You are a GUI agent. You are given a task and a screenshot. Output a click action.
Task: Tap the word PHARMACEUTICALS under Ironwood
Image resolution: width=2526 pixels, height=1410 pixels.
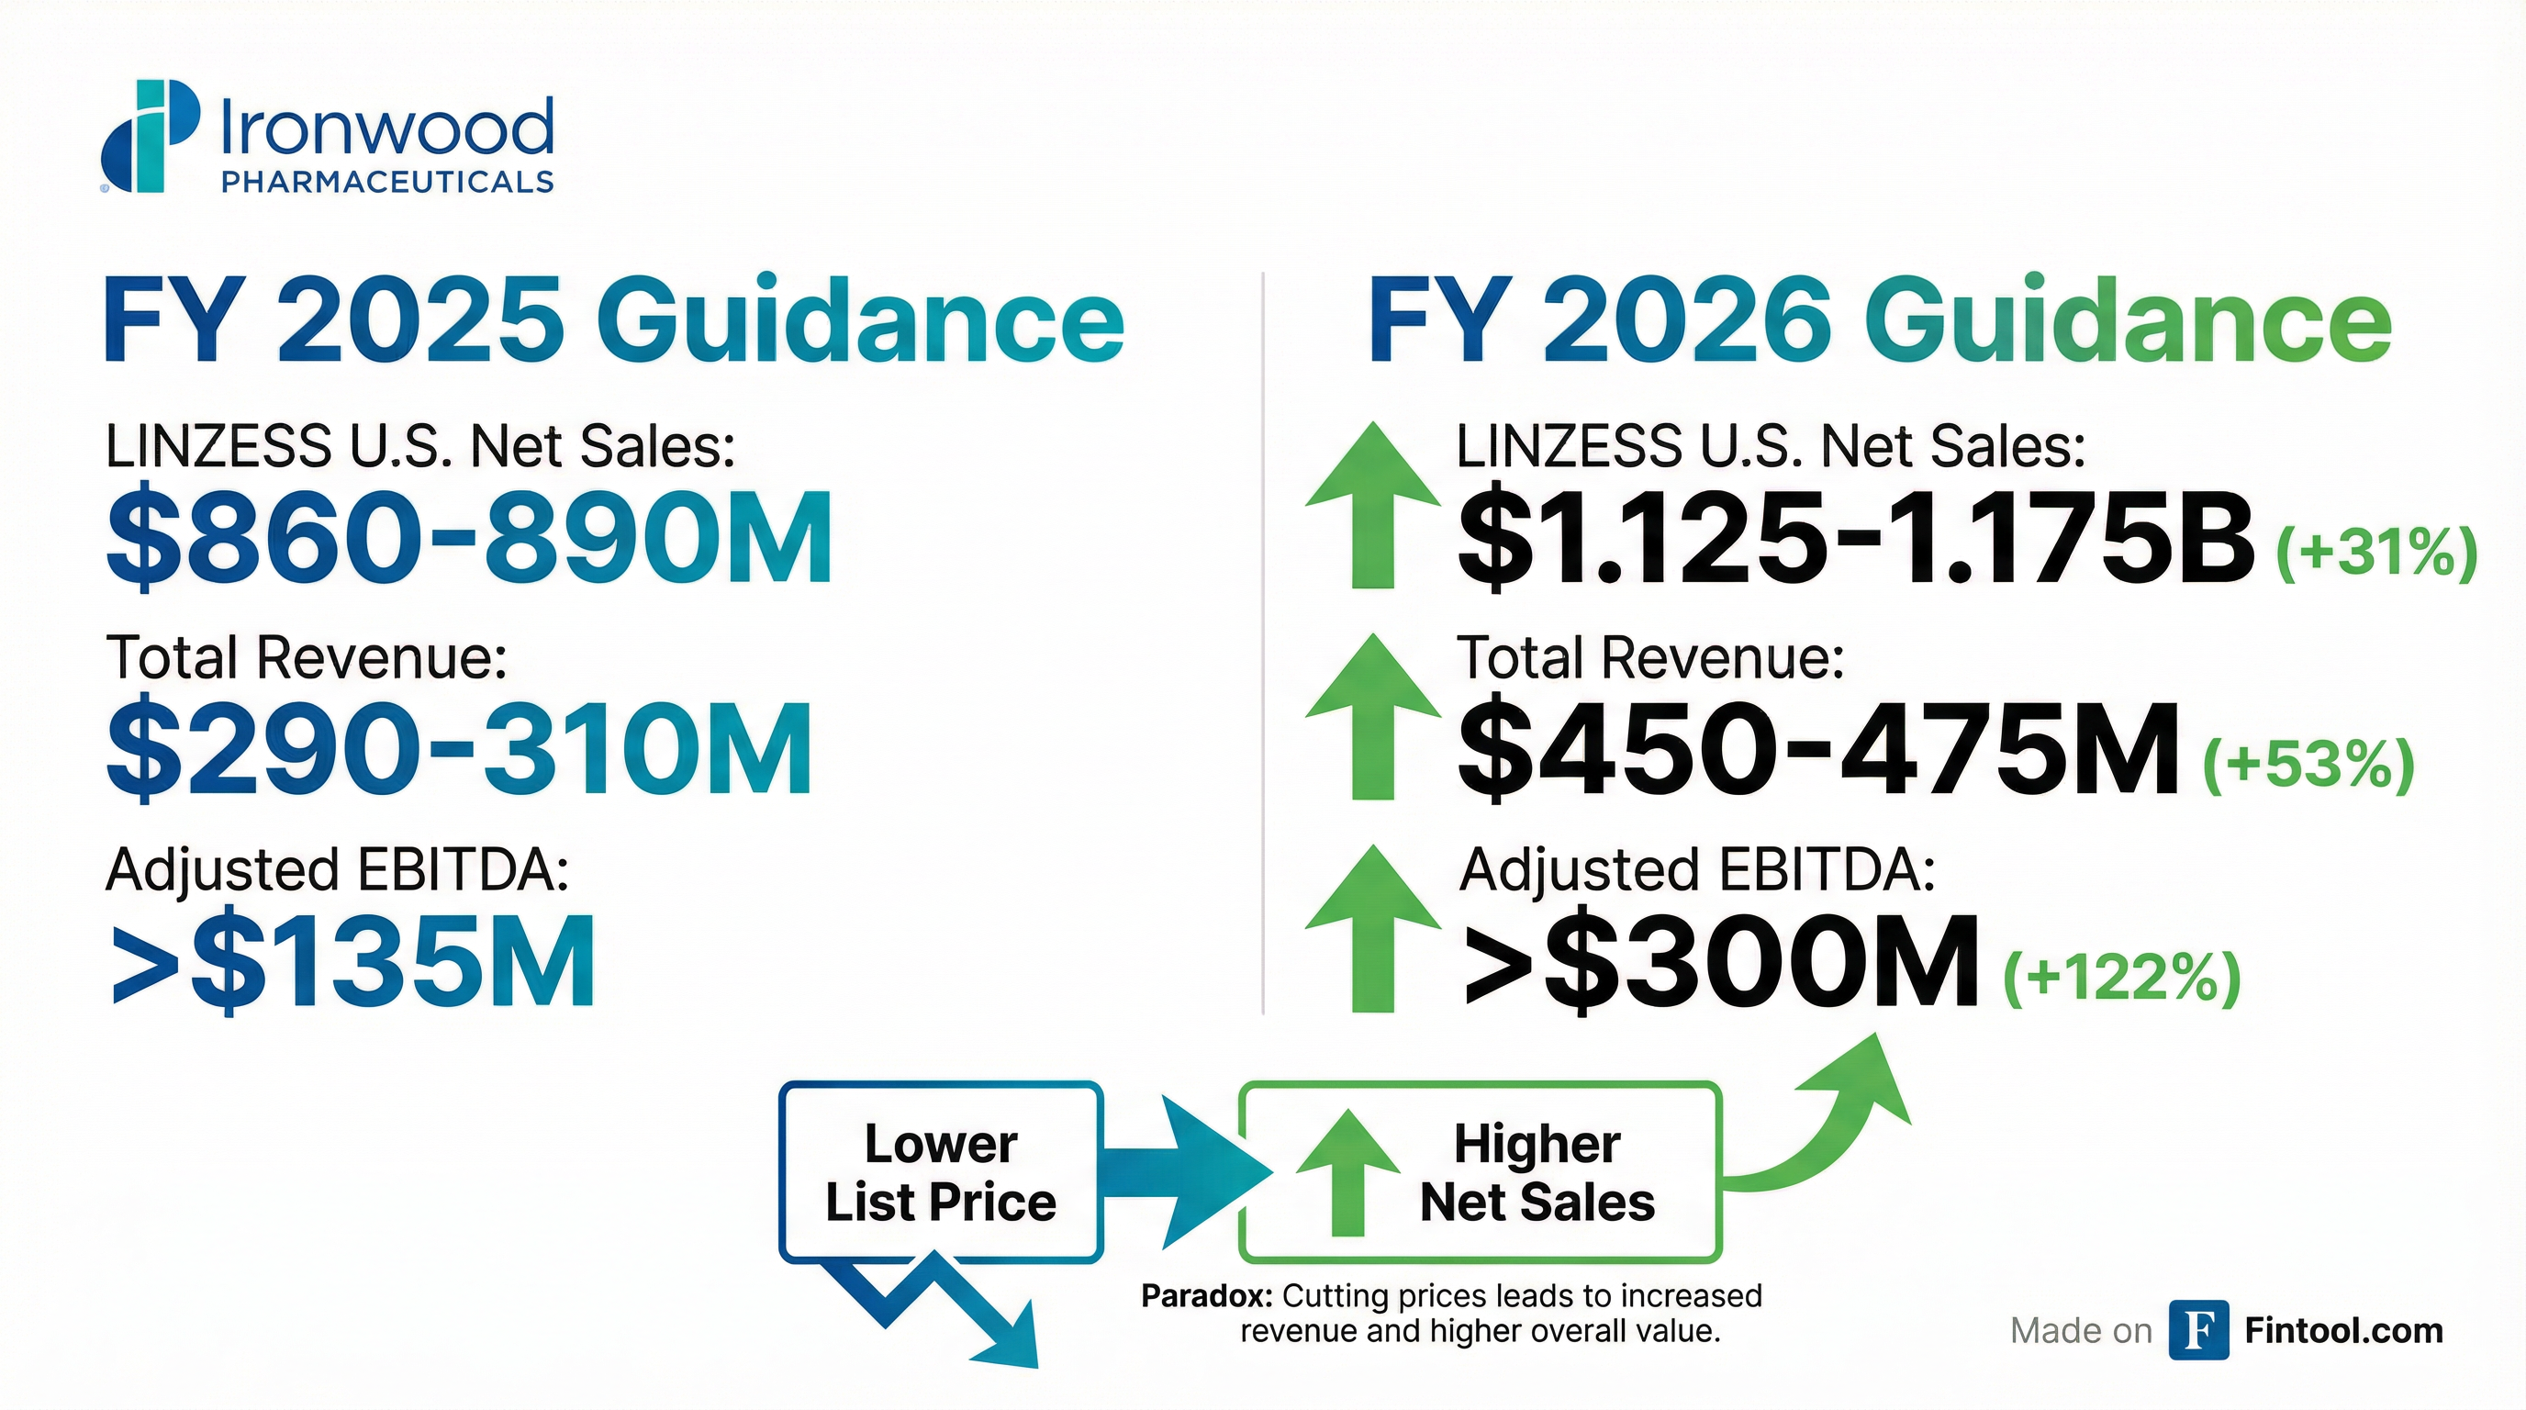click(387, 182)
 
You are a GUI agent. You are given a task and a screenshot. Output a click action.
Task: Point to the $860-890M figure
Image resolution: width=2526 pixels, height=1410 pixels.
click(470, 537)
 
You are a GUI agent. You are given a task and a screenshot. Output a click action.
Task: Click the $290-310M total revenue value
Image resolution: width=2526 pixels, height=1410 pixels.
click(459, 748)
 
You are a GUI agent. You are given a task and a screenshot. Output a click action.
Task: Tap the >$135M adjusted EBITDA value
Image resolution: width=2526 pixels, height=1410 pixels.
click(353, 960)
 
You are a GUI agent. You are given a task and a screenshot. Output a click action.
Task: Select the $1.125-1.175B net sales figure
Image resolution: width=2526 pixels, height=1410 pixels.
click(1856, 537)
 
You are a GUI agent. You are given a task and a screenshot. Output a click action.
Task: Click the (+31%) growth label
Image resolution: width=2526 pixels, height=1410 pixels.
click(2376, 555)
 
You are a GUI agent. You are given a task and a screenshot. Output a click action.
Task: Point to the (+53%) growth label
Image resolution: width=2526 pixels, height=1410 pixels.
click(2308, 765)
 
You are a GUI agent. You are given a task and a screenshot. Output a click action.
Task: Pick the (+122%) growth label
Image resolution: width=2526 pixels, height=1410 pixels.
click(2122, 977)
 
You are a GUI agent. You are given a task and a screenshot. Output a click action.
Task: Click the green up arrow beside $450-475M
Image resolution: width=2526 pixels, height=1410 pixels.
click(1373, 716)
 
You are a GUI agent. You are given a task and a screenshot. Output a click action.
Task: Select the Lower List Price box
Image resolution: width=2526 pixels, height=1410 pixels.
click(942, 1171)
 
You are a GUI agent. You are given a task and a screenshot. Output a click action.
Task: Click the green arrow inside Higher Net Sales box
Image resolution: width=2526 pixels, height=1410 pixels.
click(1347, 1171)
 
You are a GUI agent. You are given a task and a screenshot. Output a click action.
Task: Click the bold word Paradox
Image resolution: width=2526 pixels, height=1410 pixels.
click(1207, 1296)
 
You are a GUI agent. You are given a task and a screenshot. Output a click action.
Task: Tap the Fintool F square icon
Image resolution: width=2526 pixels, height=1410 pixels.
click(2198, 1329)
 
